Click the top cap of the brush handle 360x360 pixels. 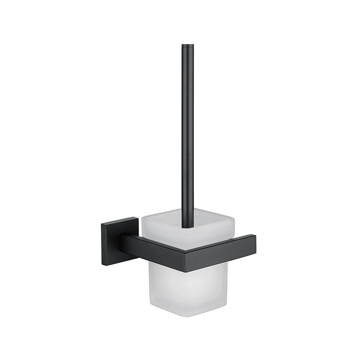188,45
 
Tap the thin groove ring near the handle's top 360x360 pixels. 188,49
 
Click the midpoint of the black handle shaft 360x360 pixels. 188,135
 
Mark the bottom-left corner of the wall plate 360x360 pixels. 102,264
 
